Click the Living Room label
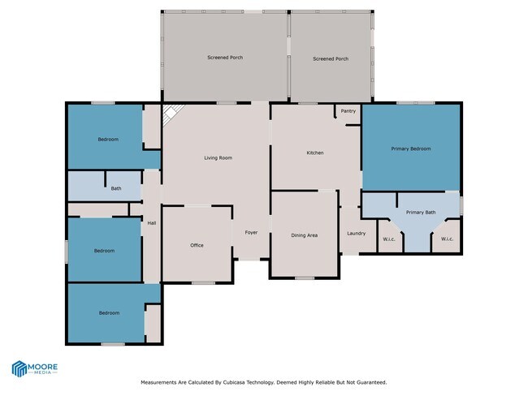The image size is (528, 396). pos(218,157)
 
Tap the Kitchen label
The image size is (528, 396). pos(315,153)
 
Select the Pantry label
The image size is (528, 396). pos(348,111)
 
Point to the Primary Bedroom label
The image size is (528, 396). pos(410,148)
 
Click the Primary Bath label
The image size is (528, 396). pos(421,213)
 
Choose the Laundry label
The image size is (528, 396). pos(356,234)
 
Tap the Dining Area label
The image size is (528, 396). pos(304,236)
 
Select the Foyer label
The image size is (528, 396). pos(251,233)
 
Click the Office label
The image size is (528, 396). pos(197,245)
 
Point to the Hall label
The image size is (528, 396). pos(151,223)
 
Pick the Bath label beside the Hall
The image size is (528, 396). pos(116,188)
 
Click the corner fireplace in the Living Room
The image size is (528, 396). pos(170,115)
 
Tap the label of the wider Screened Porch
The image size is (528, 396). pos(225,58)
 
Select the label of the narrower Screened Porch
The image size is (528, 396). pos(331,58)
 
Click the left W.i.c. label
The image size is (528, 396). pos(388,239)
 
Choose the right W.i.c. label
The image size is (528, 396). pos(447,239)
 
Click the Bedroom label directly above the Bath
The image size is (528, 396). pos(108,140)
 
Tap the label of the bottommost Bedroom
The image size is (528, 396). pos(109,312)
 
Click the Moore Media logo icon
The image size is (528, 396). pos(19,368)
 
